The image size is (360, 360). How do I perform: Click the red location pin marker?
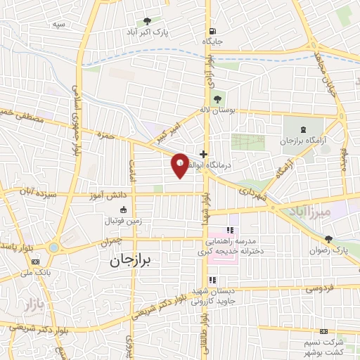pos(180,165)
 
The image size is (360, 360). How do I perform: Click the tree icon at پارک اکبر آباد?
pos(146,21)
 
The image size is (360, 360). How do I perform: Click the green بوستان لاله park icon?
pos(214,98)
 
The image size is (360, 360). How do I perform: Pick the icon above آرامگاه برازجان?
pos(302,129)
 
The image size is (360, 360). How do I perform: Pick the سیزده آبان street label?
pos(37,191)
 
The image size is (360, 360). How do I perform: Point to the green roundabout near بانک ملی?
pos(53,247)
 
